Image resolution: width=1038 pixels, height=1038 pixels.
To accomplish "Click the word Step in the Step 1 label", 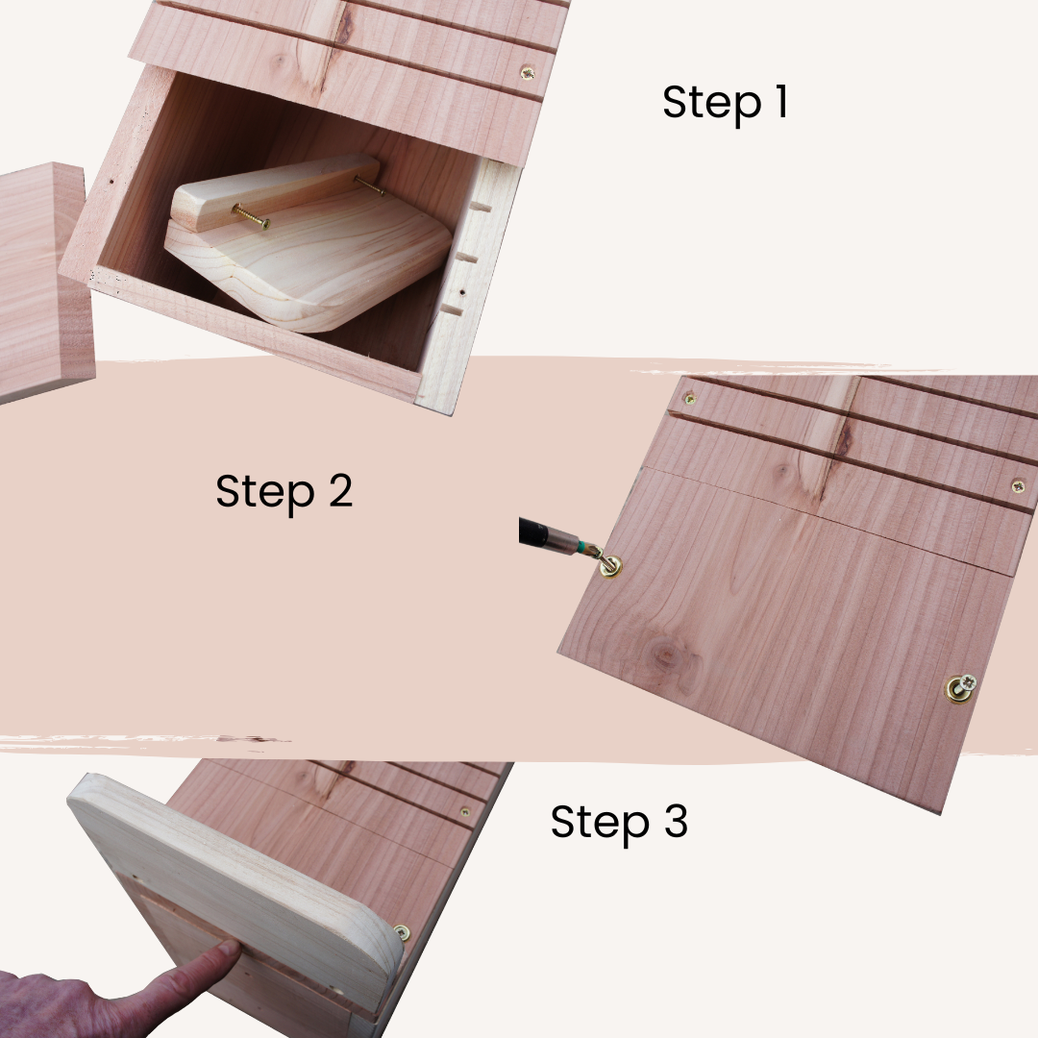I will coord(704,103).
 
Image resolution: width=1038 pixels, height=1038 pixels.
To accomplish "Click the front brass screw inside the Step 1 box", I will coord(251,218).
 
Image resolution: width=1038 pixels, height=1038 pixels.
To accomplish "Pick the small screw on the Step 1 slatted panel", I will coord(527,73).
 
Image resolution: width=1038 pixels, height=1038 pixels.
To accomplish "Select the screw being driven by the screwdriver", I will coord(609,565).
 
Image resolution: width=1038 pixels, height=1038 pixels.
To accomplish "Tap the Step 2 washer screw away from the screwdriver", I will coord(960,687).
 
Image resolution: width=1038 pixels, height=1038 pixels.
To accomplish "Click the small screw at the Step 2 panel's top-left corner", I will coord(688,397).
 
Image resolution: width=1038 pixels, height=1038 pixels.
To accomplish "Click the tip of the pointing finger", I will coord(228,950).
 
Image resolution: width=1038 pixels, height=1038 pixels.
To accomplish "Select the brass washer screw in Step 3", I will coord(401,932).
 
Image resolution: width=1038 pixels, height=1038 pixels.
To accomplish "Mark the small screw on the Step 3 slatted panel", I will coord(464,811).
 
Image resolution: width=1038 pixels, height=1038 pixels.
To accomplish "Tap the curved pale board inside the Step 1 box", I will coord(317,269).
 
